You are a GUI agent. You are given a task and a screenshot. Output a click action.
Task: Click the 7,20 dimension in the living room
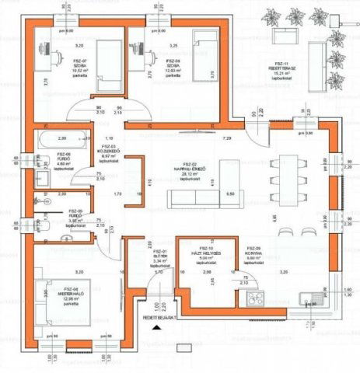pos(228,138)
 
